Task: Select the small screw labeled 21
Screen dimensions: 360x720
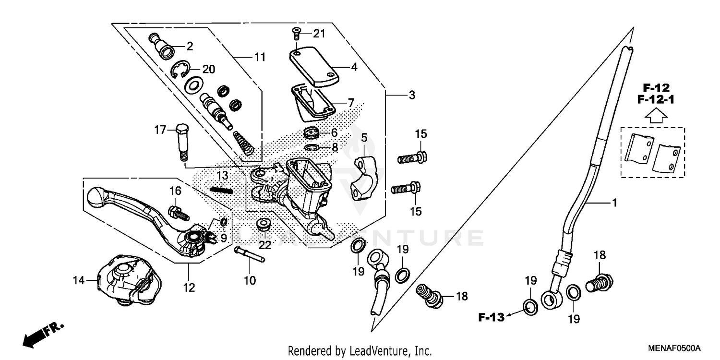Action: pos(296,34)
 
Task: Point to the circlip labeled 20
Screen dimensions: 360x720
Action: pos(180,70)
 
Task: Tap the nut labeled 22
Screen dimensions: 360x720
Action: pos(264,224)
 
